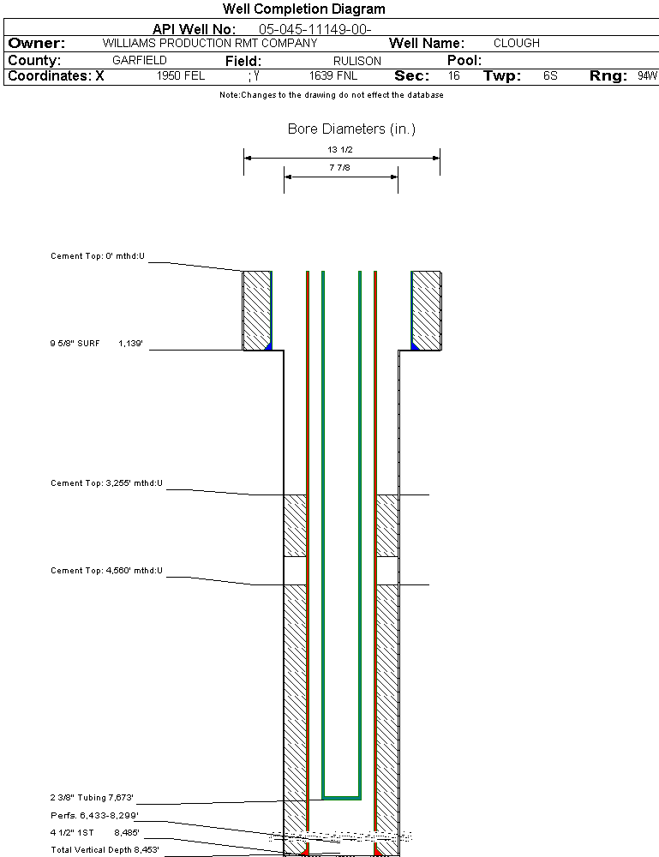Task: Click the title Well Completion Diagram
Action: click(x=303, y=9)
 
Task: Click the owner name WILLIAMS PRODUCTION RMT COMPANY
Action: click(x=210, y=43)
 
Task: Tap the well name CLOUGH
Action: click(x=517, y=43)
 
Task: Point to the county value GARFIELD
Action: click(x=140, y=61)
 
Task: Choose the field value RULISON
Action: click(x=357, y=61)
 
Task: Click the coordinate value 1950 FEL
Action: click(x=181, y=76)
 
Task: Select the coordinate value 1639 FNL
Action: click(x=332, y=76)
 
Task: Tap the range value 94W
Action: click(x=647, y=76)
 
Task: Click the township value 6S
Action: click(x=550, y=76)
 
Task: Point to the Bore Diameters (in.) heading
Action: click(x=351, y=129)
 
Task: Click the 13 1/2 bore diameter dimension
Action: click(x=340, y=150)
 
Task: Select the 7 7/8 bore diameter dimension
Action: click(x=340, y=169)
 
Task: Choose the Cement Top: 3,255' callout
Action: click(x=106, y=484)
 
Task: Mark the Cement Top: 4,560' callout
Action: click(x=106, y=571)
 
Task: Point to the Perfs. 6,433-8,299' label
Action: click(x=94, y=815)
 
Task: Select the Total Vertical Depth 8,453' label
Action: click(x=105, y=850)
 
